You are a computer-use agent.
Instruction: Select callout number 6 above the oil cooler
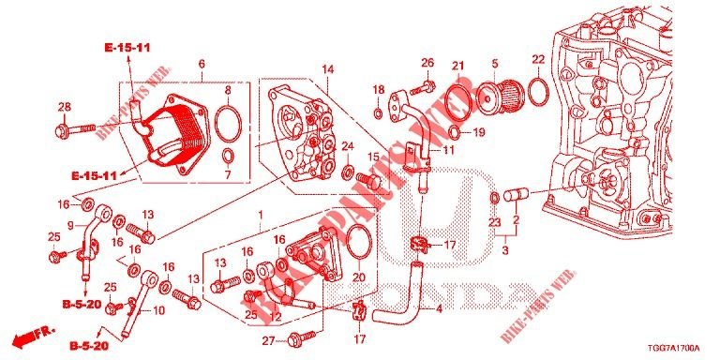202,64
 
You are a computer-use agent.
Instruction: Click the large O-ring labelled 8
226,122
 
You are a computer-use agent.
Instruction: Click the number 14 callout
327,69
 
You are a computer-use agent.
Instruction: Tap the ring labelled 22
538,92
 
